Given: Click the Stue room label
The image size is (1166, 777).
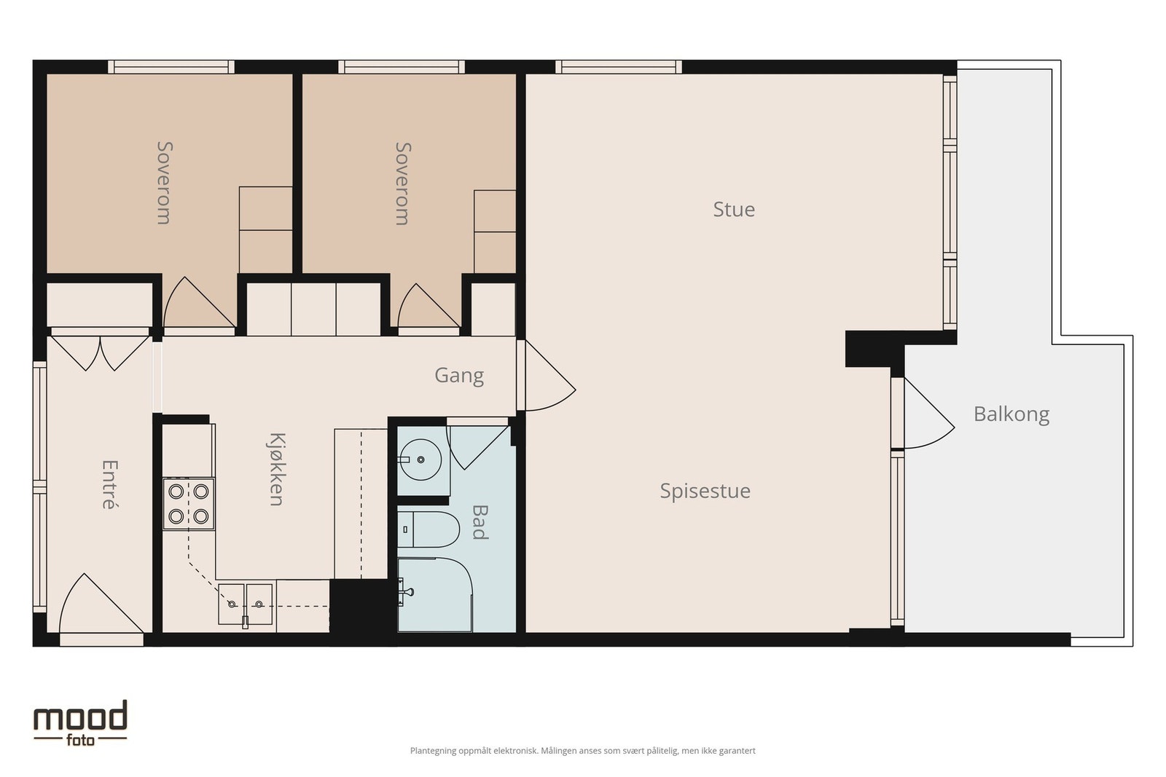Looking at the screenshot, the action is tap(733, 209).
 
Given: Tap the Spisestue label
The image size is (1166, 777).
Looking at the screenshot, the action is tap(705, 492).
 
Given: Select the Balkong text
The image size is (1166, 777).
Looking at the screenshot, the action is tap(1011, 414).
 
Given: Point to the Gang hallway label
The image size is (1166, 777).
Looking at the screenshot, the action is tap(459, 376).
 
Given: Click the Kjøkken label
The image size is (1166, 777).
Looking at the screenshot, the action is tap(277, 469).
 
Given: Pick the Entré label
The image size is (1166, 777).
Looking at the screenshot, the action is tap(109, 484).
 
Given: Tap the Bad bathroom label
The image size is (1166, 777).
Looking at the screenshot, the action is tap(480, 522).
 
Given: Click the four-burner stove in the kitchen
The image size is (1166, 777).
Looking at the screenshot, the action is tap(189, 503).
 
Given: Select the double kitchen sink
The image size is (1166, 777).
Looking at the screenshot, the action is tap(245, 604).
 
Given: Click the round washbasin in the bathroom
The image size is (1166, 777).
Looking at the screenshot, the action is tap(420, 460).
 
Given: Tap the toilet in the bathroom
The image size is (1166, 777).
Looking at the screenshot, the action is tap(428, 529).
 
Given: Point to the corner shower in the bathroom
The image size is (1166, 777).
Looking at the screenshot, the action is tap(435, 595).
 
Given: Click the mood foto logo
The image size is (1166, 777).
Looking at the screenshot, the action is tap(80, 723).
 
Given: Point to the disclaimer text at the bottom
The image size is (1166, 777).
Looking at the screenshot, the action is tap(582, 751).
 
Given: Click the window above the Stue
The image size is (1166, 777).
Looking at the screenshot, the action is tap(619, 67).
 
